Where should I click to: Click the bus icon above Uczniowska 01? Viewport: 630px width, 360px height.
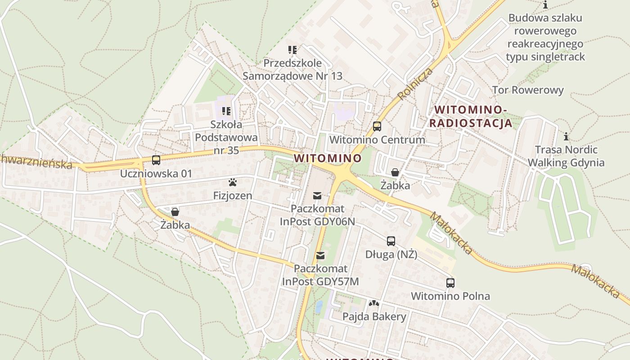point(156,160)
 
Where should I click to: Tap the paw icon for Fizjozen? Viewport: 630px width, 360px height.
point(233,182)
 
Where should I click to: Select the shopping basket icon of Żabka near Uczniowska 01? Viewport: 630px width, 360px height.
point(175,211)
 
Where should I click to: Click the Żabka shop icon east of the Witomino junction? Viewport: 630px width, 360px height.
point(395,172)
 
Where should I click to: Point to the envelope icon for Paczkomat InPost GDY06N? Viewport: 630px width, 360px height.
point(317,195)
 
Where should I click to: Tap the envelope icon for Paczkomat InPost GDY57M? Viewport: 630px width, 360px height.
point(320,256)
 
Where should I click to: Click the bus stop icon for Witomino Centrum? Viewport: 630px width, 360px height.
point(377,126)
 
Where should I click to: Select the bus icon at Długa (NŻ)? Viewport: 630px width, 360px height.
point(391,241)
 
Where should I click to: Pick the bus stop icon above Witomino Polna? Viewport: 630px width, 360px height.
point(450,283)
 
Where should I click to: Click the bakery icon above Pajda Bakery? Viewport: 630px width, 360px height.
point(373,303)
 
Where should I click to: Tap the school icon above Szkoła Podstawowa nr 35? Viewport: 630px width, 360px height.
point(226,111)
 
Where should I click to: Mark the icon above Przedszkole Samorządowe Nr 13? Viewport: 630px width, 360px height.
point(292,49)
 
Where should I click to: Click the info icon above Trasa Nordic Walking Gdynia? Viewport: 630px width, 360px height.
point(566,136)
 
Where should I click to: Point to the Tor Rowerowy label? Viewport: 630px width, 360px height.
point(527,90)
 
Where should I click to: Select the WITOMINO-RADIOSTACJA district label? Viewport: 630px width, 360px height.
point(471,117)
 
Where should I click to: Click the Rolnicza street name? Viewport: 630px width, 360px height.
point(415,84)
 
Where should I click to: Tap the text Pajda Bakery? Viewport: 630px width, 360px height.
point(374,317)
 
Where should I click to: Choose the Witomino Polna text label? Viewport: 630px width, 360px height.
point(450,296)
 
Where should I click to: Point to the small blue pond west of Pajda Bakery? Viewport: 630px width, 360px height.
point(319,307)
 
